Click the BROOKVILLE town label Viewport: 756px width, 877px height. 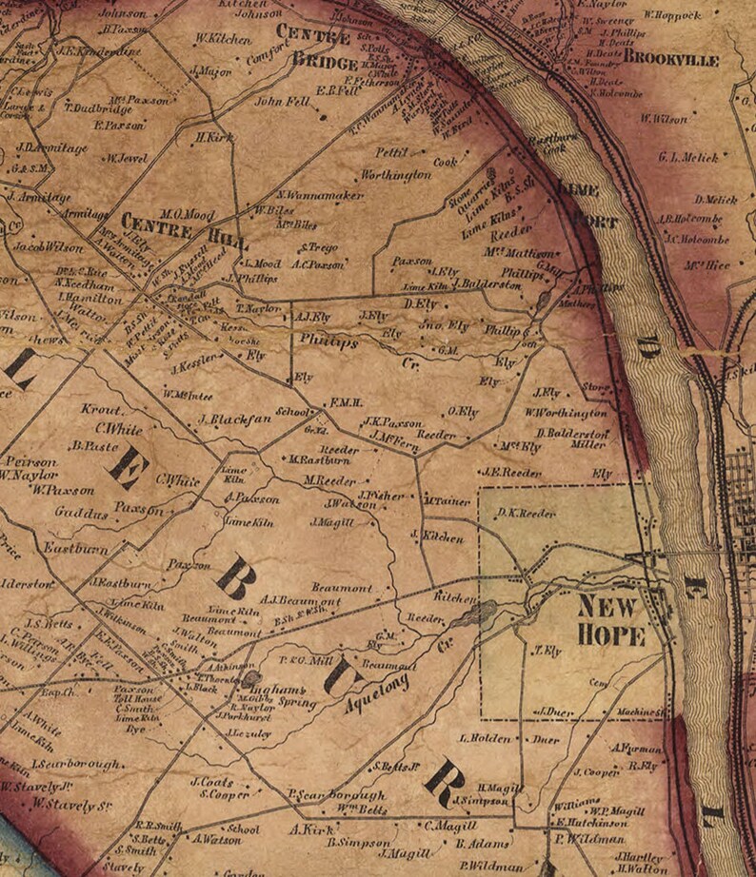(672, 59)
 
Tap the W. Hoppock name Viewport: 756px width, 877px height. (672, 15)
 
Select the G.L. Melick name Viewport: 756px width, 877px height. (687, 157)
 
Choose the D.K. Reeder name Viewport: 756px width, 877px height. (526, 513)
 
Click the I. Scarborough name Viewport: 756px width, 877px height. (75, 764)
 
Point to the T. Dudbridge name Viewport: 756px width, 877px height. (96, 107)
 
